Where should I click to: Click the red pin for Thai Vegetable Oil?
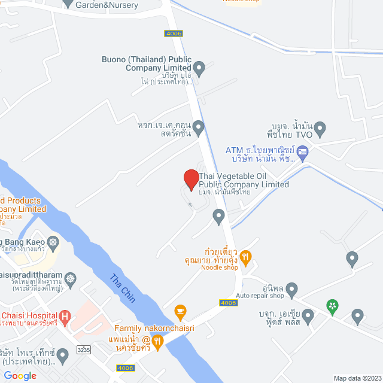click(191, 180)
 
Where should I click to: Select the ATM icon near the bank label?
click(302, 151)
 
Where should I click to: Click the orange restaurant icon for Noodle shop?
click(245, 257)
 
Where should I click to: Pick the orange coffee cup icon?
click(179, 311)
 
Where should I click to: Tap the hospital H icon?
click(65, 315)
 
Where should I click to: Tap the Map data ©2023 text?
click(357, 378)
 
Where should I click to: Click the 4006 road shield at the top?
click(173, 34)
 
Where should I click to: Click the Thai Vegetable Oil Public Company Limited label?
click(244, 180)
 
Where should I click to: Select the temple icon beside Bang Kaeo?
click(54, 242)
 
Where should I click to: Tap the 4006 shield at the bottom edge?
click(125, 368)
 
